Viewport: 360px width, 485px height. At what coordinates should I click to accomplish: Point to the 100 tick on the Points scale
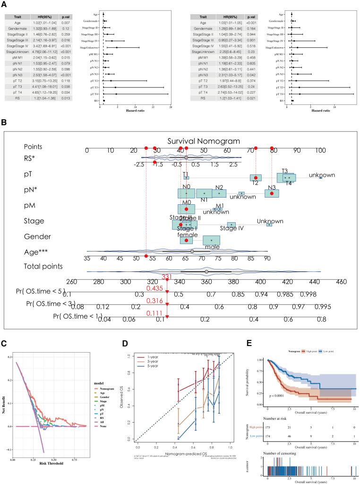[320, 150]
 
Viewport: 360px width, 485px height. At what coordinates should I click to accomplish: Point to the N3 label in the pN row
[272, 187]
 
